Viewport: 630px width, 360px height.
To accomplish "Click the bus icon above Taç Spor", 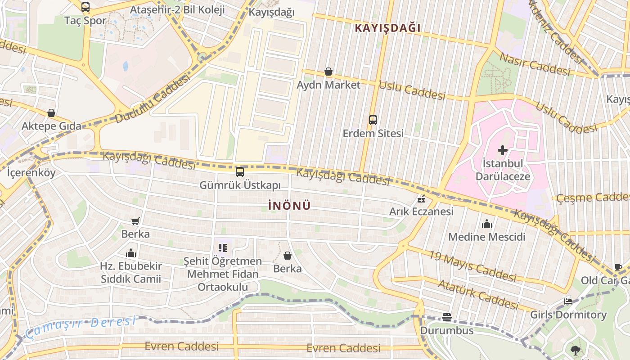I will click(x=85, y=7).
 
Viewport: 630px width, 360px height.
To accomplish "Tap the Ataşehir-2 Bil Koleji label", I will click(x=177, y=10).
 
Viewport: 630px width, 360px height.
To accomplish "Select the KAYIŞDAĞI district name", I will click(x=387, y=28).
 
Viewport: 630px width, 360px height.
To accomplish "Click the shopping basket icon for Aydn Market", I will click(x=328, y=72).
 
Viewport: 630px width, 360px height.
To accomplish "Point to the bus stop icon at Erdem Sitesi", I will click(x=373, y=120).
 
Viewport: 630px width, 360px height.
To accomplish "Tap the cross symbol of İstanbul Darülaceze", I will click(x=502, y=150).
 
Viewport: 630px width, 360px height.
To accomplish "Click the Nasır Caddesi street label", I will click(x=535, y=64).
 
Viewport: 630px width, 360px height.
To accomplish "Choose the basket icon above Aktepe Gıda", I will click(x=51, y=112).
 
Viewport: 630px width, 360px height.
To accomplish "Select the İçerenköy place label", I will click(x=31, y=172).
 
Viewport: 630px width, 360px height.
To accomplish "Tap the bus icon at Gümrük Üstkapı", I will click(x=240, y=172).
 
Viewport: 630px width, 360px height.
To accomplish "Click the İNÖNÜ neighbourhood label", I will click(x=289, y=206).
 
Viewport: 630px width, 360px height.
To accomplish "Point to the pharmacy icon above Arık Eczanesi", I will click(x=421, y=199).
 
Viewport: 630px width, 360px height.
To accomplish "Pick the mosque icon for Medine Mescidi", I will click(x=487, y=224).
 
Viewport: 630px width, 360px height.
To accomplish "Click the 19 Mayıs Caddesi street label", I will click(x=472, y=265).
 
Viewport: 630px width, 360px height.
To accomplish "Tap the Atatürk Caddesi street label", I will click(x=478, y=294).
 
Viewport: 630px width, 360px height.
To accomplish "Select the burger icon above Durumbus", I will click(x=446, y=317).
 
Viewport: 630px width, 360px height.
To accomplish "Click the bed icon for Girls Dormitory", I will click(x=568, y=301).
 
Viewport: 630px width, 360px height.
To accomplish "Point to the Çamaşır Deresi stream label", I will click(x=80, y=327).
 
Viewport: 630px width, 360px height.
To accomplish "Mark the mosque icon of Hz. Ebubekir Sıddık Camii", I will click(x=131, y=252).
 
